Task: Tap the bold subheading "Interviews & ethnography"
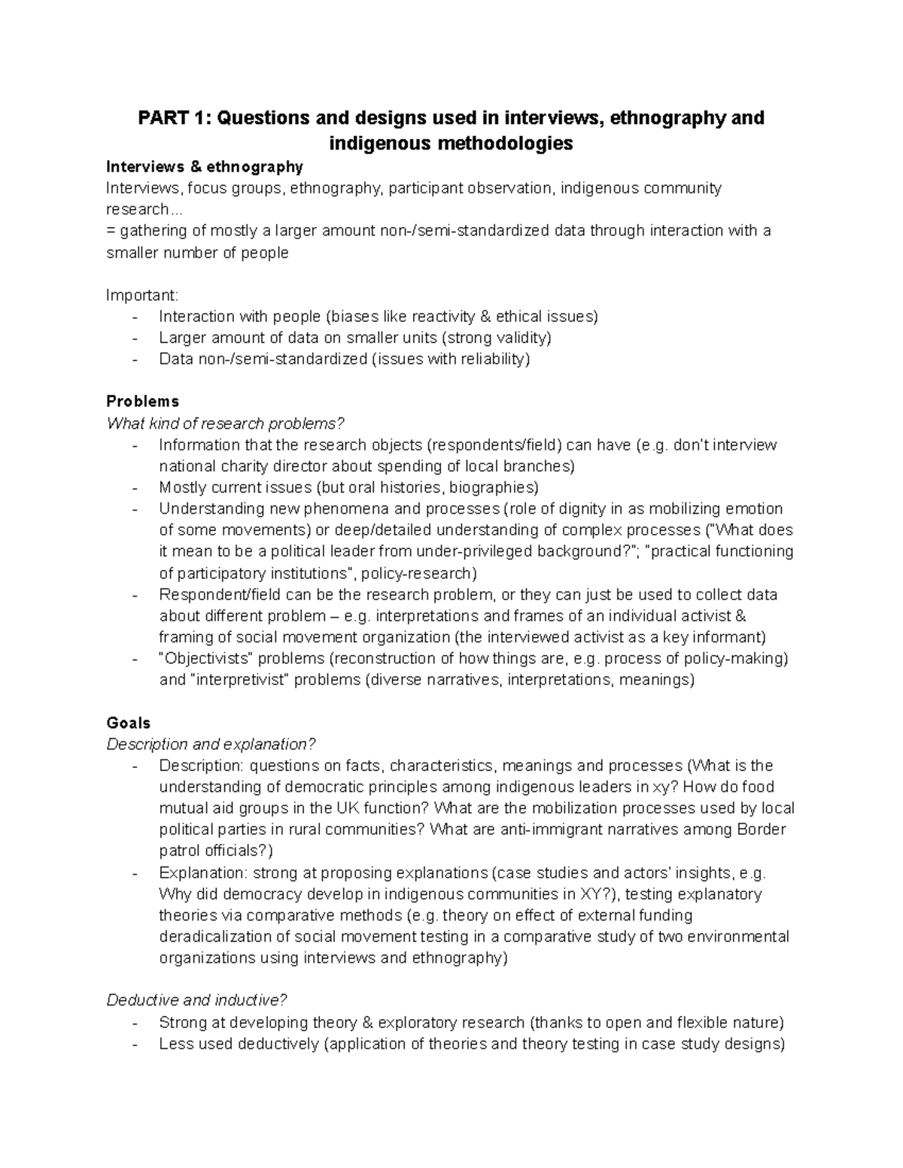point(205,166)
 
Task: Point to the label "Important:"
point(142,295)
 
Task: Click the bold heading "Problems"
point(143,401)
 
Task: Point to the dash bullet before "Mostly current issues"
point(135,487)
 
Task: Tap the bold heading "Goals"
point(129,723)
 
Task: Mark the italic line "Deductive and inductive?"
point(197,1000)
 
